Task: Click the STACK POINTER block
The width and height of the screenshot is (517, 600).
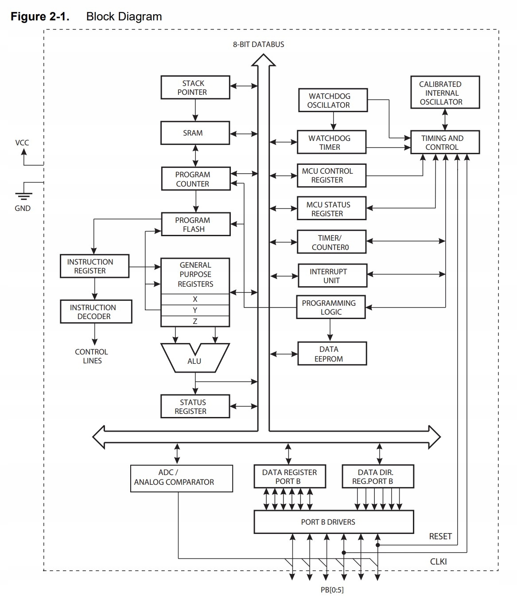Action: click(195, 87)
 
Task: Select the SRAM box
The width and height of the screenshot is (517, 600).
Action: click(195, 133)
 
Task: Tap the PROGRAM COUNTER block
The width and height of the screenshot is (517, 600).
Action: click(195, 179)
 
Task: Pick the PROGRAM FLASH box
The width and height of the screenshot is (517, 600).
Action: click(195, 225)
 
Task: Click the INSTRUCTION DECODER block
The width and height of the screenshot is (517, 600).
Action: click(96, 312)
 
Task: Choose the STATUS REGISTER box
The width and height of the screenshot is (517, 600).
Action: click(195, 406)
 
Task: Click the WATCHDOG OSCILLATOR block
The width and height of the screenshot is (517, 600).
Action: click(332, 101)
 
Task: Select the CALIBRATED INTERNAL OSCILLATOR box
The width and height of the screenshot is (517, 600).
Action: click(444, 93)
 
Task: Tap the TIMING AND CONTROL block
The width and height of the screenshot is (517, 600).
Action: click(445, 142)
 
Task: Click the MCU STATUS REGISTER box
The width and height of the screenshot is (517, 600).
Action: click(331, 209)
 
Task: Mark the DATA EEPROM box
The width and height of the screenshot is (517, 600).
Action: click(332, 354)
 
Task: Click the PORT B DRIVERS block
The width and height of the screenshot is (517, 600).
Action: click(333, 522)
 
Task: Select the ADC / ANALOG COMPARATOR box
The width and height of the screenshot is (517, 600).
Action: click(181, 478)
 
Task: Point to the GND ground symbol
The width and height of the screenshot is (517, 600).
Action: click(23, 195)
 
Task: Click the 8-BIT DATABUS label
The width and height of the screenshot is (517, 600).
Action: click(259, 44)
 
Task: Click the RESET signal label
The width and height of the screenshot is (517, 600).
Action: click(440, 536)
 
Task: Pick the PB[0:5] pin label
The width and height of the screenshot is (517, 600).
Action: click(332, 590)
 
